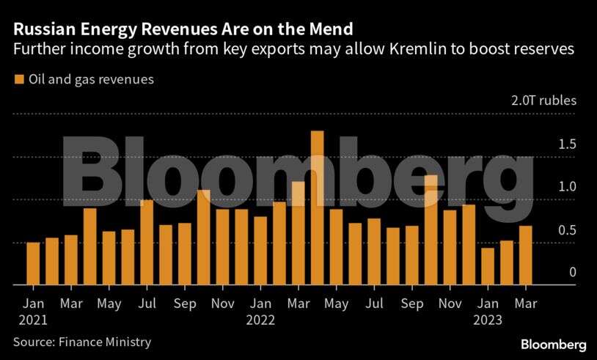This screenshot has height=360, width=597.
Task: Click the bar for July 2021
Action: pyautogui.click(x=147, y=242)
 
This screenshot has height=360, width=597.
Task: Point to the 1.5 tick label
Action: pyautogui.click(x=546, y=144)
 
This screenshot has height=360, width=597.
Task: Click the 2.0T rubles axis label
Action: pyautogui.click(x=544, y=100)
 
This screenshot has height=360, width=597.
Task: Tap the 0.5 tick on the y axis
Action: pyautogui.click(x=546, y=229)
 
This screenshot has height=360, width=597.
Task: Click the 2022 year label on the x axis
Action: pyautogui.click(x=260, y=320)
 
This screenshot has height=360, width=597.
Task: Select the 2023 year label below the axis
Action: pyautogui.click(x=488, y=320)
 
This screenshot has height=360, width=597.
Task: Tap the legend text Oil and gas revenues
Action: pyautogui.click(x=91, y=79)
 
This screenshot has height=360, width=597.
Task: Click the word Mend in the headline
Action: pyautogui.click(x=331, y=29)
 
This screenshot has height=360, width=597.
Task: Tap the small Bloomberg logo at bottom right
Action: pyautogui.click(x=553, y=344)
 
